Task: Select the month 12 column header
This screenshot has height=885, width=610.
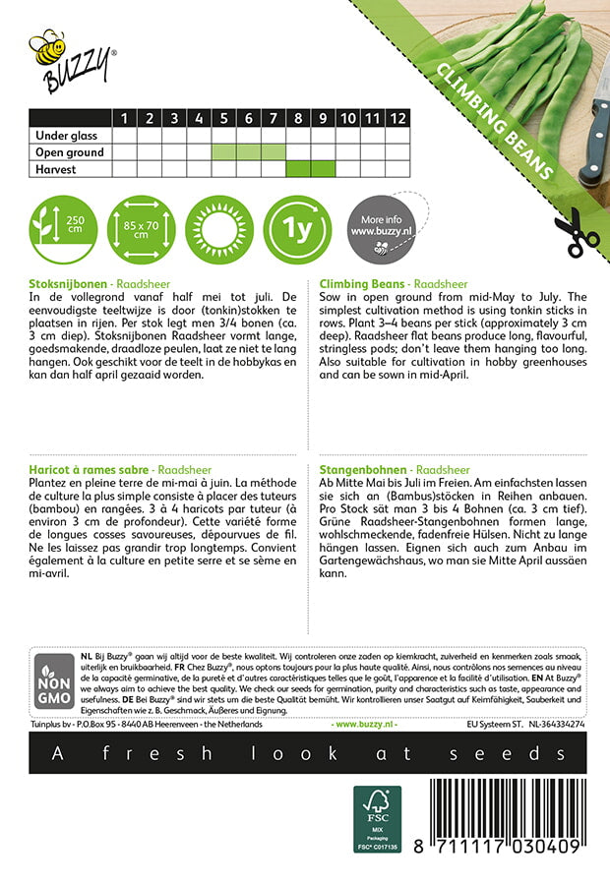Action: click(396, 118)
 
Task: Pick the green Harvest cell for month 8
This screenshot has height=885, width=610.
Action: click(298, 169)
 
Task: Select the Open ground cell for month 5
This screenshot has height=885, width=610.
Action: click(224, 152)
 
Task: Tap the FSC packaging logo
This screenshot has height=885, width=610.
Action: click(379, 818)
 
